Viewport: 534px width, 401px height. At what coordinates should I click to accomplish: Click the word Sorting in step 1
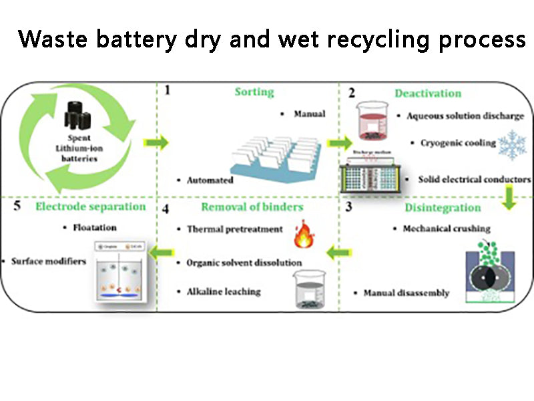[x=254, y=92]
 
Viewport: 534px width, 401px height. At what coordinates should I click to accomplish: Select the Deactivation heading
[x=428, y=93]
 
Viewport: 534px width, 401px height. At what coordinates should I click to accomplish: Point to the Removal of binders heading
[x=252, y=207]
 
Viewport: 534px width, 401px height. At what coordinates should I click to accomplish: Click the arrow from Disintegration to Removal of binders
[x=338, y=253]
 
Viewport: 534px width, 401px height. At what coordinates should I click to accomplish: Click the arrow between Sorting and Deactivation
[x=339, y=142]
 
